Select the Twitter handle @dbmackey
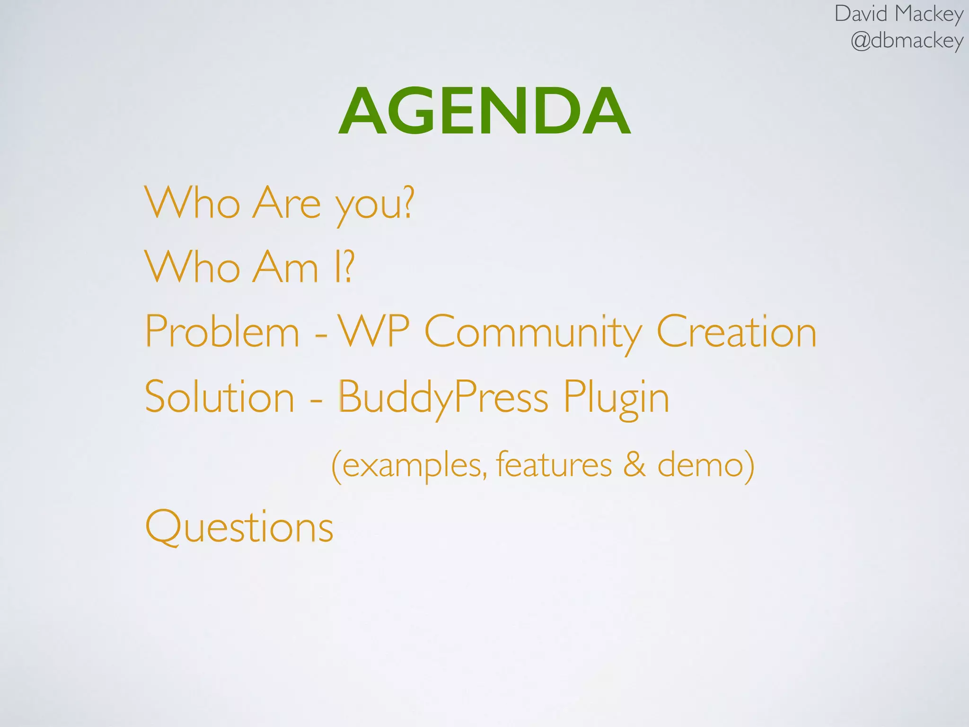(906, 41)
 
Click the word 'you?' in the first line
(374, 204)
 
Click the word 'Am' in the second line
(285, 268)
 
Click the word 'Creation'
(736, 332)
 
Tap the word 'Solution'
(220, 397)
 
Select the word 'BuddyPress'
(443, 398)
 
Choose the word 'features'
(554, 465)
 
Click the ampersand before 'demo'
(634, 465)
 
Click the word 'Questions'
(239, 527)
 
